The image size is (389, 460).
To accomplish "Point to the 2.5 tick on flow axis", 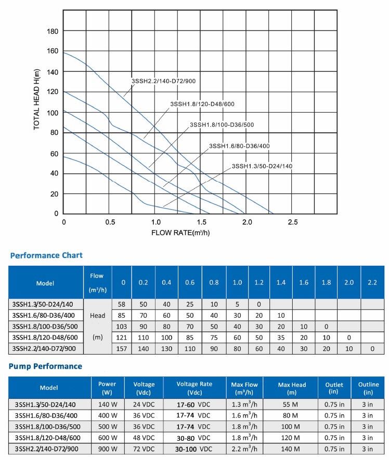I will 293,222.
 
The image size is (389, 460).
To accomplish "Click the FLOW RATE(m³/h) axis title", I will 180,232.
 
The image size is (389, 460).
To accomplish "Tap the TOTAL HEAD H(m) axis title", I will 37,99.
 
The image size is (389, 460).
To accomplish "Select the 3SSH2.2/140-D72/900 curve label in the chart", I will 164,81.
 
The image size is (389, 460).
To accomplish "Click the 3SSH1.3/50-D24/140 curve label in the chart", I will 262,166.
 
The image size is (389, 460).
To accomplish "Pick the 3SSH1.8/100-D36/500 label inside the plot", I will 222,125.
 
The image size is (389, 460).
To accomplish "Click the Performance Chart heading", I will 46,255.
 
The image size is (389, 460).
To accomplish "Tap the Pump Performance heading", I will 46,367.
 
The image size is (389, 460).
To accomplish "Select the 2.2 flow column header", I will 372,282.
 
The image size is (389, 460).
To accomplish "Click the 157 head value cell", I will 123,348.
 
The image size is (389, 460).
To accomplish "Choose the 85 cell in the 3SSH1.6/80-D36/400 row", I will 123,316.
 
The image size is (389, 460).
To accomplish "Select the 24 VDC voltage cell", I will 144,404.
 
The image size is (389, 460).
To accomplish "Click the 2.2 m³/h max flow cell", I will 244,449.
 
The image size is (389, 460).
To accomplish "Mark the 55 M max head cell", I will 292,404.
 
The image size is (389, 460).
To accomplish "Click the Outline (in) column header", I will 368,388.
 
